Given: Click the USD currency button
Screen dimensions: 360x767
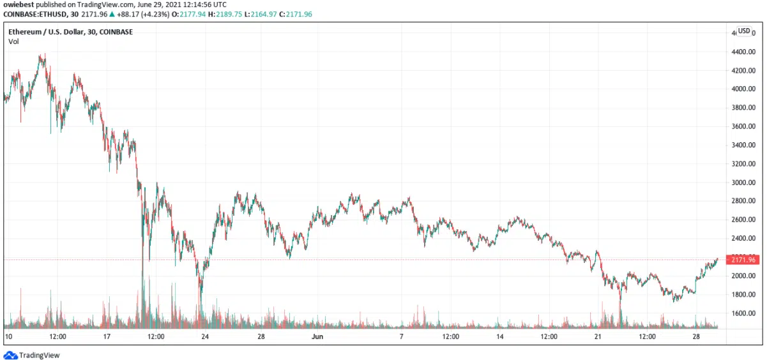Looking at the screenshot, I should coord(744,31).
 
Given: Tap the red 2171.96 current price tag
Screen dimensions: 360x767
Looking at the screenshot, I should coord(744,260).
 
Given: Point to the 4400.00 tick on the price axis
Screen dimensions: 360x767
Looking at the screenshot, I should coord(744,52).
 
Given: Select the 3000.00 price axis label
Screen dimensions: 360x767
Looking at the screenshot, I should coord(744,183).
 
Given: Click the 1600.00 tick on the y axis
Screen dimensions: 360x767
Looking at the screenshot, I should coord(744,313).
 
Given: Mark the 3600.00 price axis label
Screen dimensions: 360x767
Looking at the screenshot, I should coord(744,126).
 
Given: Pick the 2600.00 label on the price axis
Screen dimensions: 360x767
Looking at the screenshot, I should coord(744,220).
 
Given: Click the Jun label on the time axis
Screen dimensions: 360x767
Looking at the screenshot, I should coord(317,336).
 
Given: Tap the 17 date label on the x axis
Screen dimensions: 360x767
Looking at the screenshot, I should coord(107,336).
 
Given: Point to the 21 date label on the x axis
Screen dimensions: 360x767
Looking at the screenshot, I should coord(598,336).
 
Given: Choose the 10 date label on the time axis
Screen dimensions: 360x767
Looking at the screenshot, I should coord(8,336).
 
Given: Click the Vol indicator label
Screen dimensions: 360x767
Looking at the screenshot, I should coord(13,41).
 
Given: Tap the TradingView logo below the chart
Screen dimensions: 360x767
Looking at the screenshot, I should coord(31,355).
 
